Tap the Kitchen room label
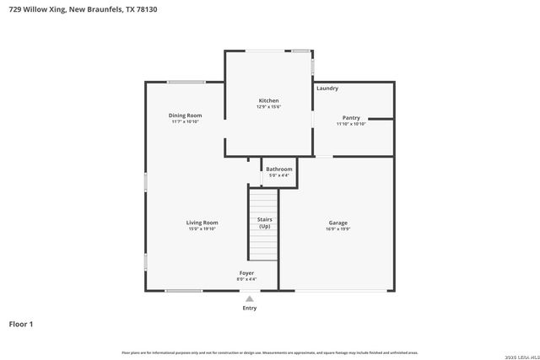point(268,100)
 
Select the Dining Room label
point(185,116)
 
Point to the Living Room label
point(202,223)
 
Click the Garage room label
point(337,223)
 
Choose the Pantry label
point(351,117)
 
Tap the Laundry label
point(327,89)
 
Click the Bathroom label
point(279,169)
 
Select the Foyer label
point(246,273)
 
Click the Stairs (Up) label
point(264,223)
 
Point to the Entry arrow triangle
point(249,298)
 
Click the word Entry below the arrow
point(249,309)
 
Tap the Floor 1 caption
point(21,324)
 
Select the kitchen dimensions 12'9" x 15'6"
point(268,107)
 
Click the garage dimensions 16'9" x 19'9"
point(337,228)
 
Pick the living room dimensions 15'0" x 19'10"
point(202,228)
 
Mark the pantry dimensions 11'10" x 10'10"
point(351,124)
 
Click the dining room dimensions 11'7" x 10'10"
point(185,122)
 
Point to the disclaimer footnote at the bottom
point(269,352)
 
